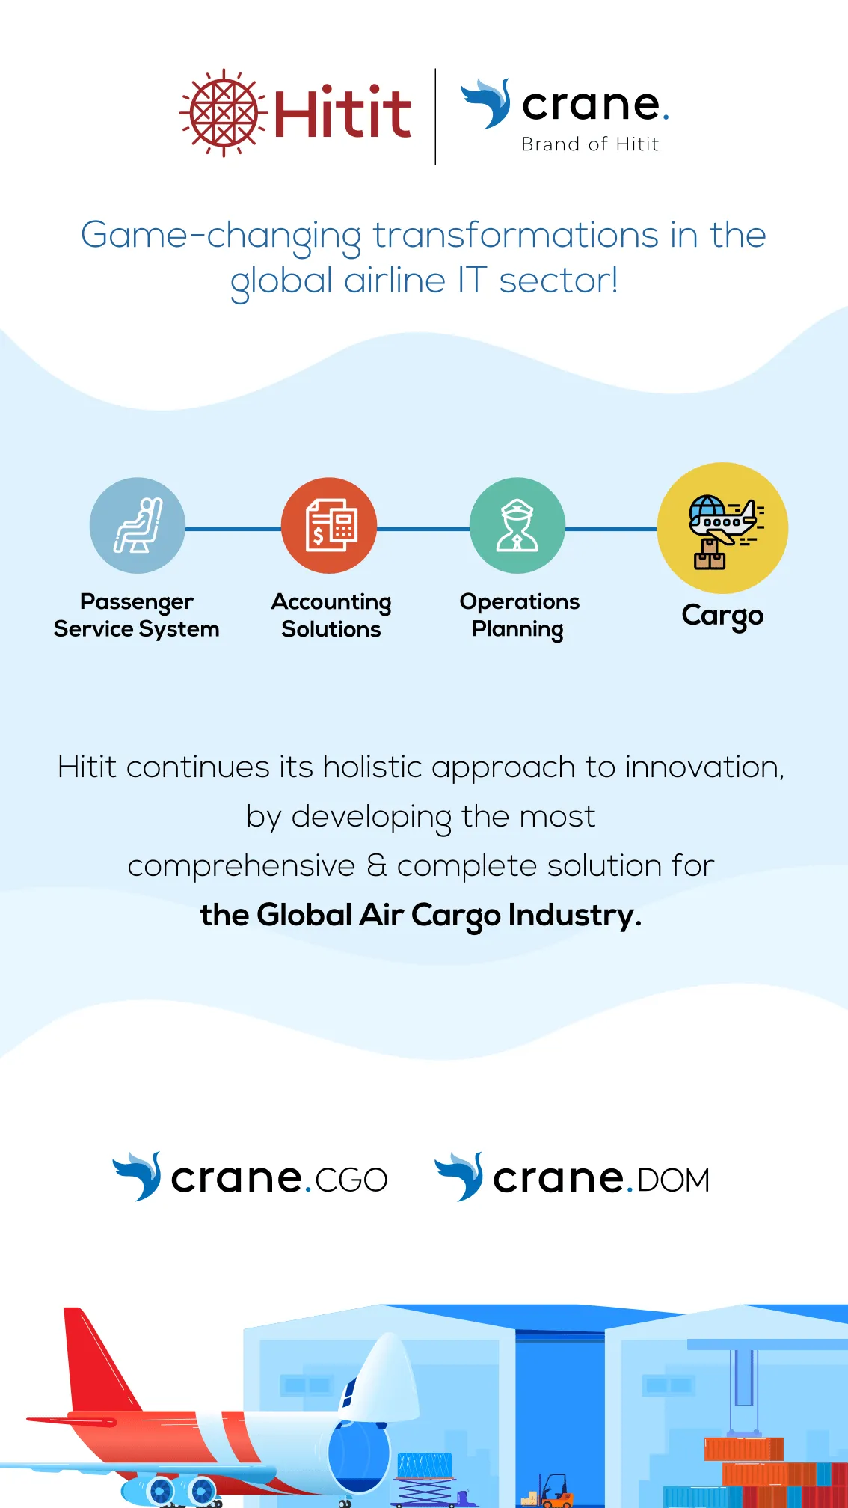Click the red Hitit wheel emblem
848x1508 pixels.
pos(224,113)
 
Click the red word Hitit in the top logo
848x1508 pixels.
pos(342,114)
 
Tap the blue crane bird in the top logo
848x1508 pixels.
pos(486,103)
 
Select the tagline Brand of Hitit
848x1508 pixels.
pos(590,144)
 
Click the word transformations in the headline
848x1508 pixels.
pos(516,235)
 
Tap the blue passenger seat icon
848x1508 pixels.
pos(138,526)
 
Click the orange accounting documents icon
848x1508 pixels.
pos(329,526)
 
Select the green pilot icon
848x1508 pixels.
pos(517,526)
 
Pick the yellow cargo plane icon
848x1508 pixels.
pos(722,528)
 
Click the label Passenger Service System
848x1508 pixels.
pos(137,616)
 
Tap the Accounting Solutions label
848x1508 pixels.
pos(331,616)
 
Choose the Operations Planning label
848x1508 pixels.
pos(519,616)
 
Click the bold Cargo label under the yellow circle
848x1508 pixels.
pos(722,616)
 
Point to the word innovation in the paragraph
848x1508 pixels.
pos(704,767)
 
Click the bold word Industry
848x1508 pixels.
pos(574,916)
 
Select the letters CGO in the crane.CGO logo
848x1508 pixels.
pos(351,1180)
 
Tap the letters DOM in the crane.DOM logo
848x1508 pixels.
pos(673,1180)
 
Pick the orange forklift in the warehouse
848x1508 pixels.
pos(550,1490)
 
